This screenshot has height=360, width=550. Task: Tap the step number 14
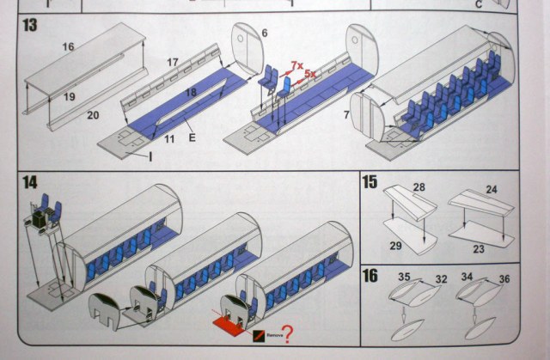click(x=29, y=183)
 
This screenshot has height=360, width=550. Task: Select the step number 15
click(x=370, y=182)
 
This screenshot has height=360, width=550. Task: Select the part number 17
click(x=172, y=63)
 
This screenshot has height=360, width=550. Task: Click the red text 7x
click(x=296, y=65)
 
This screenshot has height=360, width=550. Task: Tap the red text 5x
click(x=311, y=75)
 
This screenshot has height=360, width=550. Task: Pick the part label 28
click(x=419, y=187)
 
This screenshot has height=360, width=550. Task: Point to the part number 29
click(x=397, y=246)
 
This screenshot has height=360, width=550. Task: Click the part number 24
click(x=492, y=189)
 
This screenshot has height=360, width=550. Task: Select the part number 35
click(x=404, y=277)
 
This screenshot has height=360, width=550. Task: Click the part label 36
click(x=504, y=278)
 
